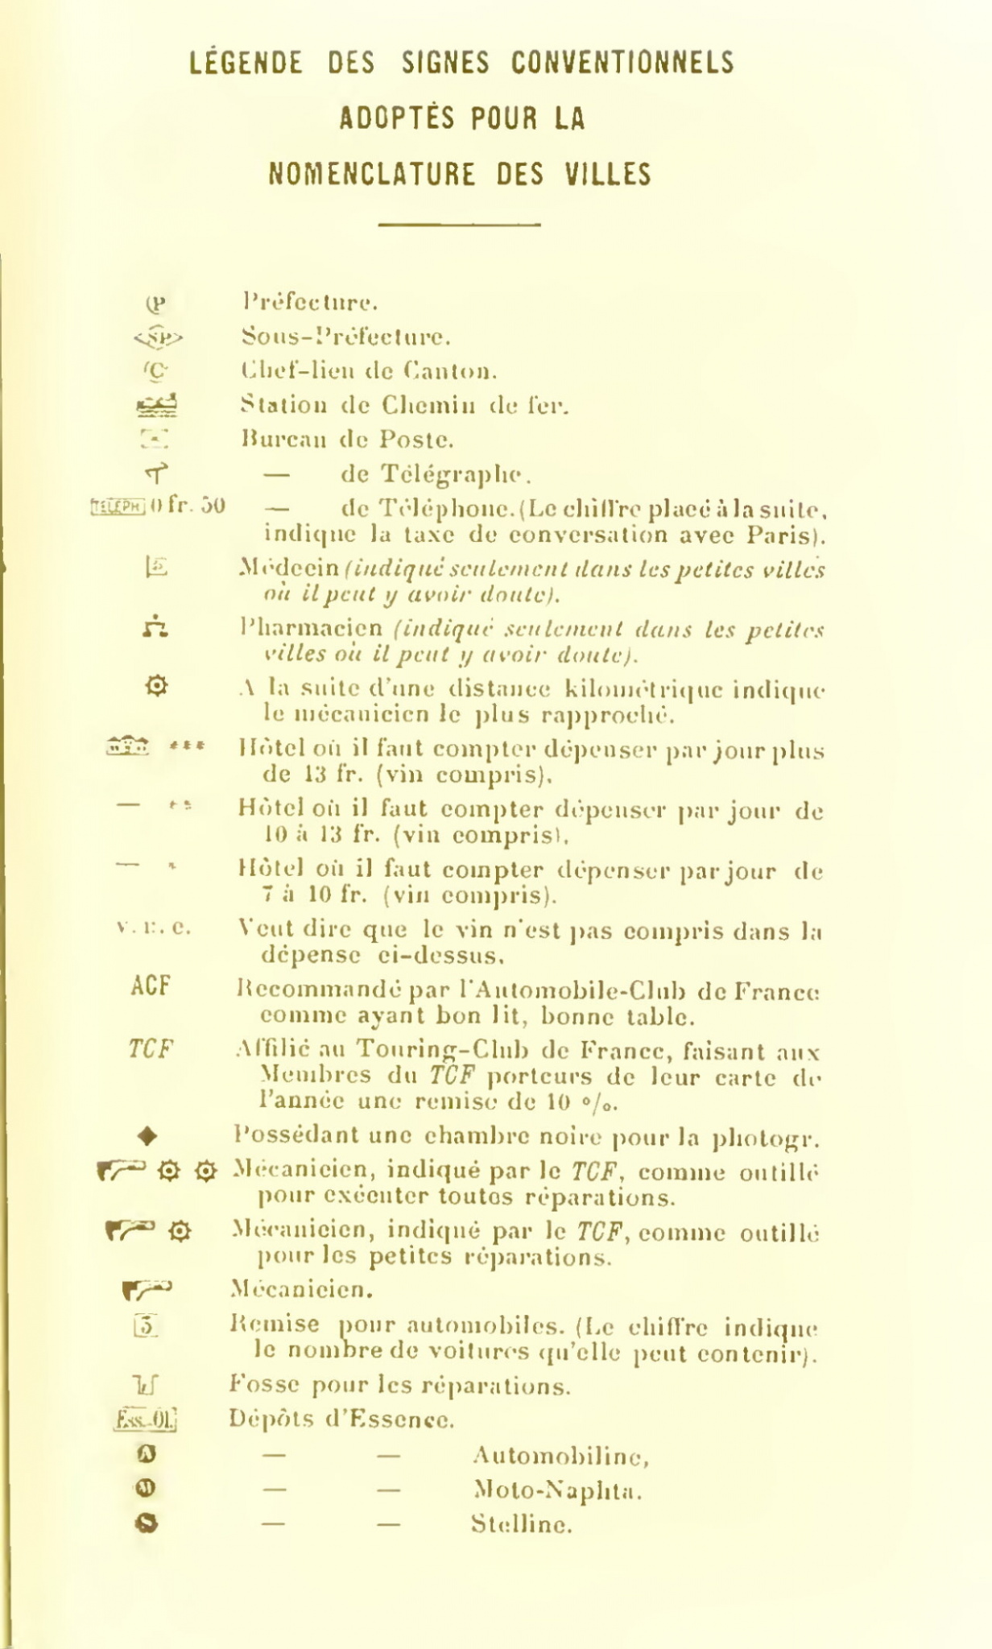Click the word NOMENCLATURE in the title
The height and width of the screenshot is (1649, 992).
[371, 175]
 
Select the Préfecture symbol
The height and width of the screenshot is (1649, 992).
[157, 304]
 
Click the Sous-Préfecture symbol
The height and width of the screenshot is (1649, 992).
[158, 337]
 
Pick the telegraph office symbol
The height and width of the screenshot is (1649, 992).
[155, 472]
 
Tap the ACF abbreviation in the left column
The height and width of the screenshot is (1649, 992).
[151, 986]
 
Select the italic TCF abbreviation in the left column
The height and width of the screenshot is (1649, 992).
[151, 1049]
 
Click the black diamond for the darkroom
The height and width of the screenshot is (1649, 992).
[147, 1137]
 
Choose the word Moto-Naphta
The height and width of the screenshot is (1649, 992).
[559, 1490]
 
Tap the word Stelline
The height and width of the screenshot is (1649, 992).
[521, 1524]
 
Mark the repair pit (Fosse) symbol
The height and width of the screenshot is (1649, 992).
[147, 1385]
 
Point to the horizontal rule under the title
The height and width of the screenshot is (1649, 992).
[458, 224]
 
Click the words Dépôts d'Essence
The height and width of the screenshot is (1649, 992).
[341, 1419]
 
